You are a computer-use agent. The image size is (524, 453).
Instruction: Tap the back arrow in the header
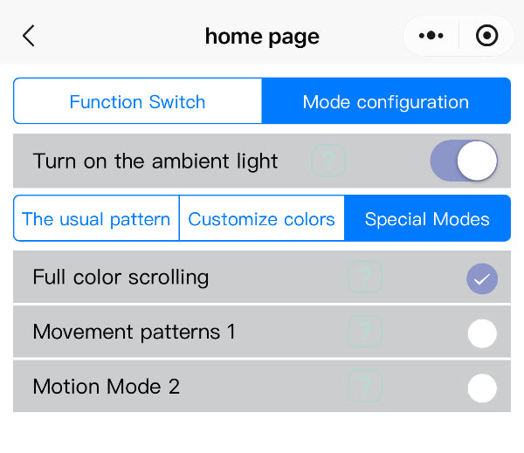click(x=29, y=36)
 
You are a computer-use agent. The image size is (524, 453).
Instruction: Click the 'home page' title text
click(x=262, y=37)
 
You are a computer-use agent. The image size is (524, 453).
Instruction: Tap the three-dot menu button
click(x=431, y=36)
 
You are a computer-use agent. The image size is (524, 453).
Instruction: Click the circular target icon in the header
click(x=486, y=36)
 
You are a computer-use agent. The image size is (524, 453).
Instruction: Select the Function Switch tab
click(x=138, y=101)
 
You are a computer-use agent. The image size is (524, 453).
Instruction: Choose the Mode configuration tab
click(x=385, y=101)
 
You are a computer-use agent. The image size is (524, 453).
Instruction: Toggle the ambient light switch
click(x=464, y=161)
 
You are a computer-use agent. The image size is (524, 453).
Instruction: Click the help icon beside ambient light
click(x=328, y=161)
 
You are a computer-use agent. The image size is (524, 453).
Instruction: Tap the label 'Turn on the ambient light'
click(x=155, y=161)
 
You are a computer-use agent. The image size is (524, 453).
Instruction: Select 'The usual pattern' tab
click(x=96, y=218)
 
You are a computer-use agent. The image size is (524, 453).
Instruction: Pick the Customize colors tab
click(x=261, y=218)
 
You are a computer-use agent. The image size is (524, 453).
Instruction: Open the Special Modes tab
click(x=427, y=218)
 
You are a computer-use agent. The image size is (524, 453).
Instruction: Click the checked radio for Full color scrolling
click(x=482, y=278)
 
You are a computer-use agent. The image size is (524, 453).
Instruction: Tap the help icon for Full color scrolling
click(x=365, y=278)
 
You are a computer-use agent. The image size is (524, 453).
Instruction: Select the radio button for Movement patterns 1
click(x=482, y=333)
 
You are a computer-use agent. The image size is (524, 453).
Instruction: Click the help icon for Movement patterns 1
click(x=365, y=332)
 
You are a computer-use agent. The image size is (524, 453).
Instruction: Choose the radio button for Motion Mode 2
click(x=482, y=388)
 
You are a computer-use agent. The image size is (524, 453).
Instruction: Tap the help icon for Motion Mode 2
click(x=365, y=387)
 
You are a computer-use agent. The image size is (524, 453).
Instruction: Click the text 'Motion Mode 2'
click(x=106, y=387)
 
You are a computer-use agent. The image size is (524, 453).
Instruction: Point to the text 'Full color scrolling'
click(x=121, y=278)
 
